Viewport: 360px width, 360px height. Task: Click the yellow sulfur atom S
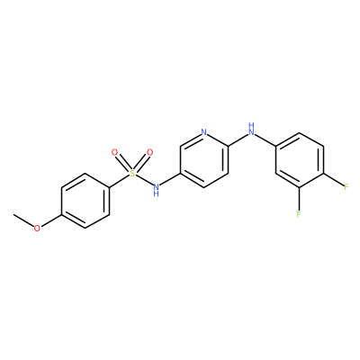pos(132,174)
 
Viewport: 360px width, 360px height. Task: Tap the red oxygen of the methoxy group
pos(37,229)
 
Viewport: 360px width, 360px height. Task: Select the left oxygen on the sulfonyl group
pos(114,152)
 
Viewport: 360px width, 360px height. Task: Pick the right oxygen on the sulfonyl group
pos(149,152)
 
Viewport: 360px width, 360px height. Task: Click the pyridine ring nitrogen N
pos(204,132)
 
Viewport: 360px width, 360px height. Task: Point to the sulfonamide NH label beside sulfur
pos(156,190)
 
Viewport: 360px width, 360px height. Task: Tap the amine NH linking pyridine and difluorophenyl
pos(252,129)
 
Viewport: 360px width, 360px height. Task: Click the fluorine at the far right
pos(346,187)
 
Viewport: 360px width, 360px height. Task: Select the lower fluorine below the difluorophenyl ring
pos(299,214)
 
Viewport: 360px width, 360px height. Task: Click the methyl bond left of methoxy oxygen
pos(23,220)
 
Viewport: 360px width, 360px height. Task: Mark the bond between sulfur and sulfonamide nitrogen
pos(144,180)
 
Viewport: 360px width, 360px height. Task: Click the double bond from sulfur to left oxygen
pos(123,163)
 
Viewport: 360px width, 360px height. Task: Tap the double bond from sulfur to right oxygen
pos(141,163)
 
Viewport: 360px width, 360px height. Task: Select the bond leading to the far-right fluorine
pos(333,179)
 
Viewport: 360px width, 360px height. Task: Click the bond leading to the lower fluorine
pos(299,198)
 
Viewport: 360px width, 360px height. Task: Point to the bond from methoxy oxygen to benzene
pos(51,220)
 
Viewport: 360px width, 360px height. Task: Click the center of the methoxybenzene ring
pos(85,201)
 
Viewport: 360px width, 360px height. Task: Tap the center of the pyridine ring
pos(204,160)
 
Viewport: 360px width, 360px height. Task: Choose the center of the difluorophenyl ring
pos(300,160)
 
